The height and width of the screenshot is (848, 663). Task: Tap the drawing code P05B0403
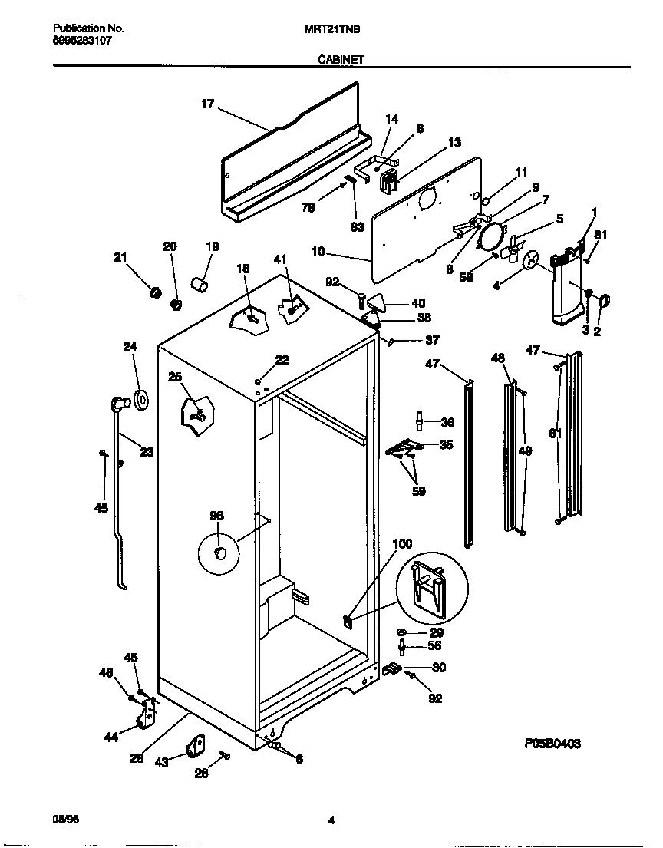tap(552, 743)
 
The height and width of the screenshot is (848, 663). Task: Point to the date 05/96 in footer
tap(66, 819)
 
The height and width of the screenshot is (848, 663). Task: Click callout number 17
tap(207, 104)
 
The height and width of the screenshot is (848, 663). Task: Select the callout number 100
tap(402, 544)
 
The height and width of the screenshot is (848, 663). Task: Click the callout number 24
tap(130, 346)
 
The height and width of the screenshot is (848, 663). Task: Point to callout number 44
tap(111, 737)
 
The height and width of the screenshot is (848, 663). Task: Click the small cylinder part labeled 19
tap(200, 285)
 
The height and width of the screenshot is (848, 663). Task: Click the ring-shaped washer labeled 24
tap(141, 399)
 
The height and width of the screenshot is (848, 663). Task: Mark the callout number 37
tap(432, 341)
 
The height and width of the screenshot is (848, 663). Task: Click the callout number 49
tap(525, 451)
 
